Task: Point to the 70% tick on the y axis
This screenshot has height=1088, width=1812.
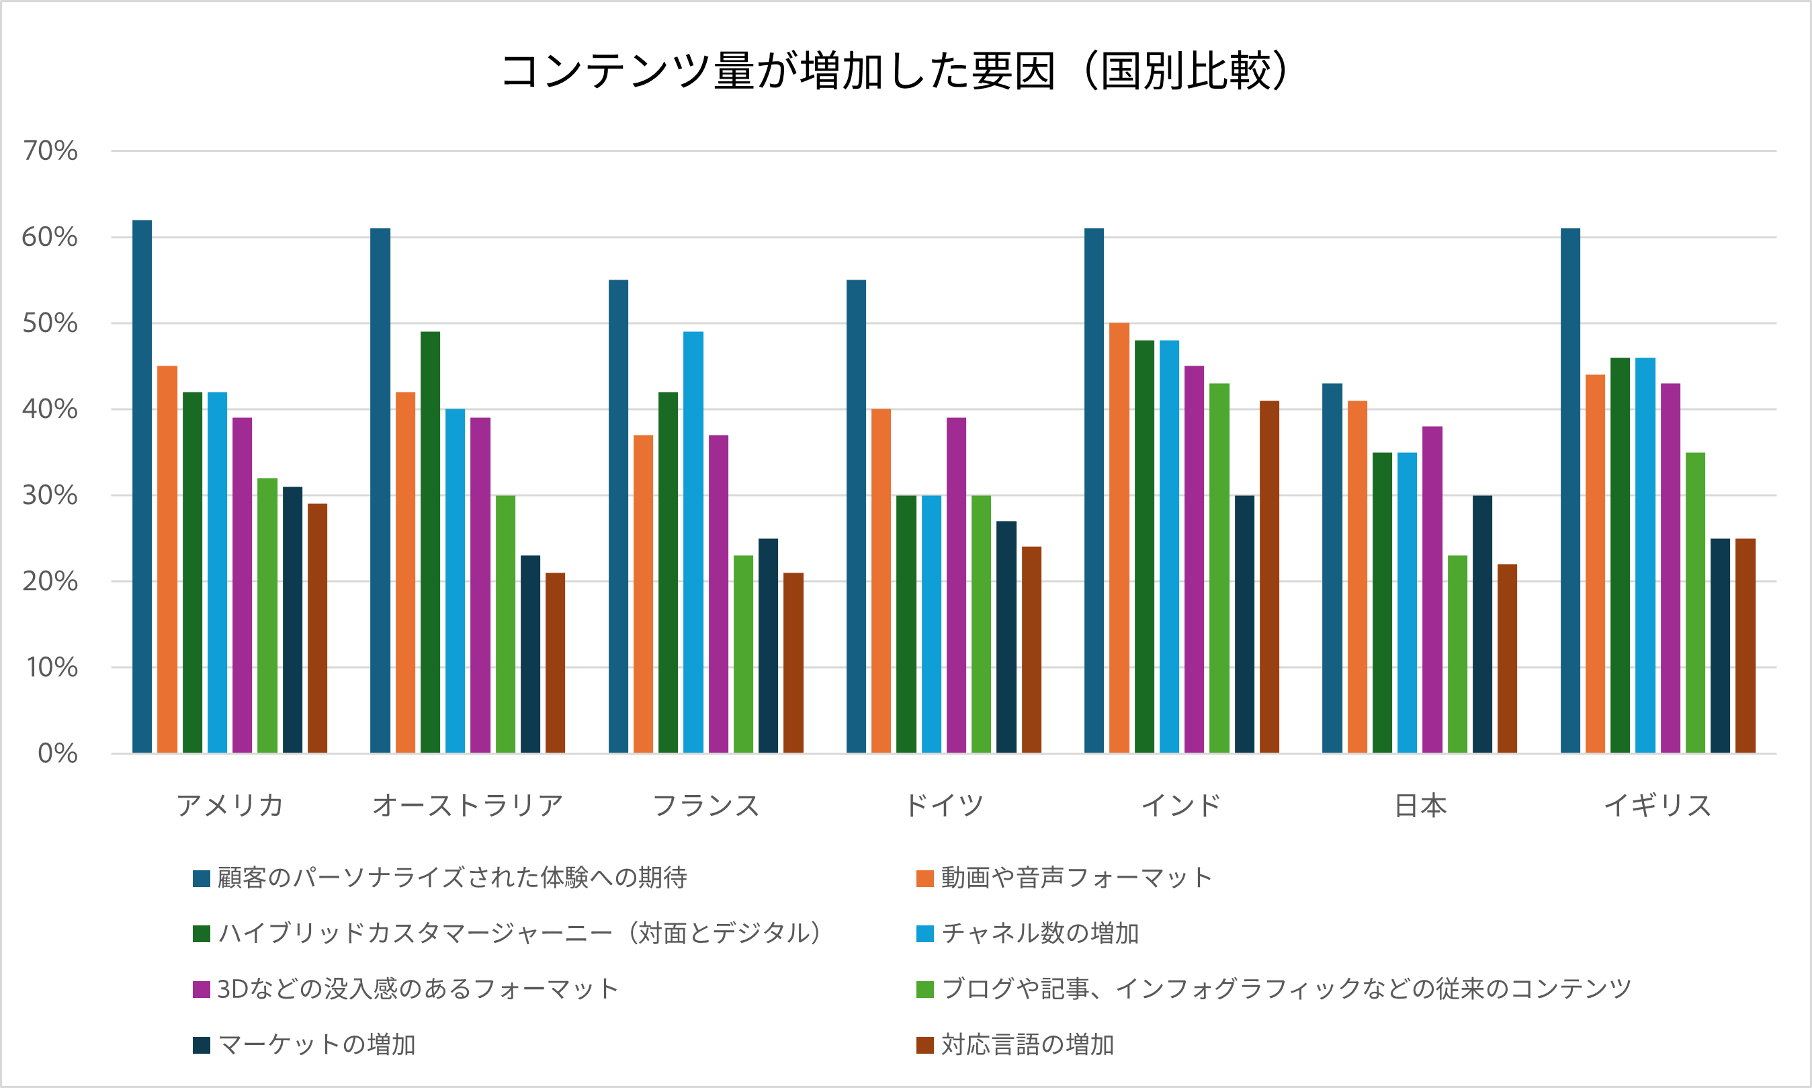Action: coord(50,151)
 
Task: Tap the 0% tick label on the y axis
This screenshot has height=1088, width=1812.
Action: coord(57,753)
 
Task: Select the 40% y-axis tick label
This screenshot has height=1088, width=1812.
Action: coord(50,409)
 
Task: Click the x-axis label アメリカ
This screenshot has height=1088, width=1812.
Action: coord(229,806)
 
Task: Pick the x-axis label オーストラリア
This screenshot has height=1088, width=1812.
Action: coord(468,806)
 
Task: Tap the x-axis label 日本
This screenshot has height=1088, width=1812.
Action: coord(1420,806)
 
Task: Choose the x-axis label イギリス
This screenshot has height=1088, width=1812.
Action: coord(1657,806)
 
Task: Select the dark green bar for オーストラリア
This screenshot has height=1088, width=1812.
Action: coord(430,542)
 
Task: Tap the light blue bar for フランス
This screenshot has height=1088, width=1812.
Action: coord(693,542)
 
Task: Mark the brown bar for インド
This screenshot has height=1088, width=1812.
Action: coord(1269,577)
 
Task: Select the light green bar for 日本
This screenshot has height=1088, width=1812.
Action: coord(1457,654)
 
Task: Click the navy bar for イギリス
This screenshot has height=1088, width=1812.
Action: coord(1720,645)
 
